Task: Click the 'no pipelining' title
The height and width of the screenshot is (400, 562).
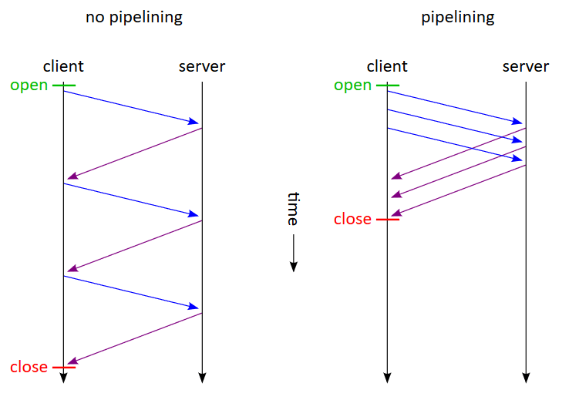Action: (x=133, y=17)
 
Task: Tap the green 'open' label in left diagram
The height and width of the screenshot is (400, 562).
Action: (x=29, y=85)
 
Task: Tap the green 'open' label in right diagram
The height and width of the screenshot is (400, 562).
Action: (x=353, y=85)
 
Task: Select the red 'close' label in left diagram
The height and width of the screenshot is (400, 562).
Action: (x=29, y=367)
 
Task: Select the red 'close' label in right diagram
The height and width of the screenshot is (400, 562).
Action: (x=353, y=220)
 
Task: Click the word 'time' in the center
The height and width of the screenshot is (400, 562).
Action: (x=293, y=208)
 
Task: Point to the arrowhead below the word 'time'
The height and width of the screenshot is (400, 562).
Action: (x=293, y=266)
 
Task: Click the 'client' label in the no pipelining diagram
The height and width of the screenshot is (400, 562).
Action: (x=63, y=66)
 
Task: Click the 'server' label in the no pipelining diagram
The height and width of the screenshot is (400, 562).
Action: (x=202, y=66)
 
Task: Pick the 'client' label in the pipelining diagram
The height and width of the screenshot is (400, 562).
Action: (x=387, y=66)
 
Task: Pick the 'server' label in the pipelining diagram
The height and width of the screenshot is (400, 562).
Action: (x=526, y=66)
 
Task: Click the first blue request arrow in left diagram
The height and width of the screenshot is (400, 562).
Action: (x=131, y=107)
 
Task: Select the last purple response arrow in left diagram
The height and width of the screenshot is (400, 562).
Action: (x=135, y=338)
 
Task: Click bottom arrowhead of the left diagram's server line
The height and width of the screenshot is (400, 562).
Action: (x=202, y=378)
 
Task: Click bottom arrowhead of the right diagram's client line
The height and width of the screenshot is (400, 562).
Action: (x=387, y=378)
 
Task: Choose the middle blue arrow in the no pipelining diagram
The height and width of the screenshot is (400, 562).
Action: (x=131, y=200)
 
